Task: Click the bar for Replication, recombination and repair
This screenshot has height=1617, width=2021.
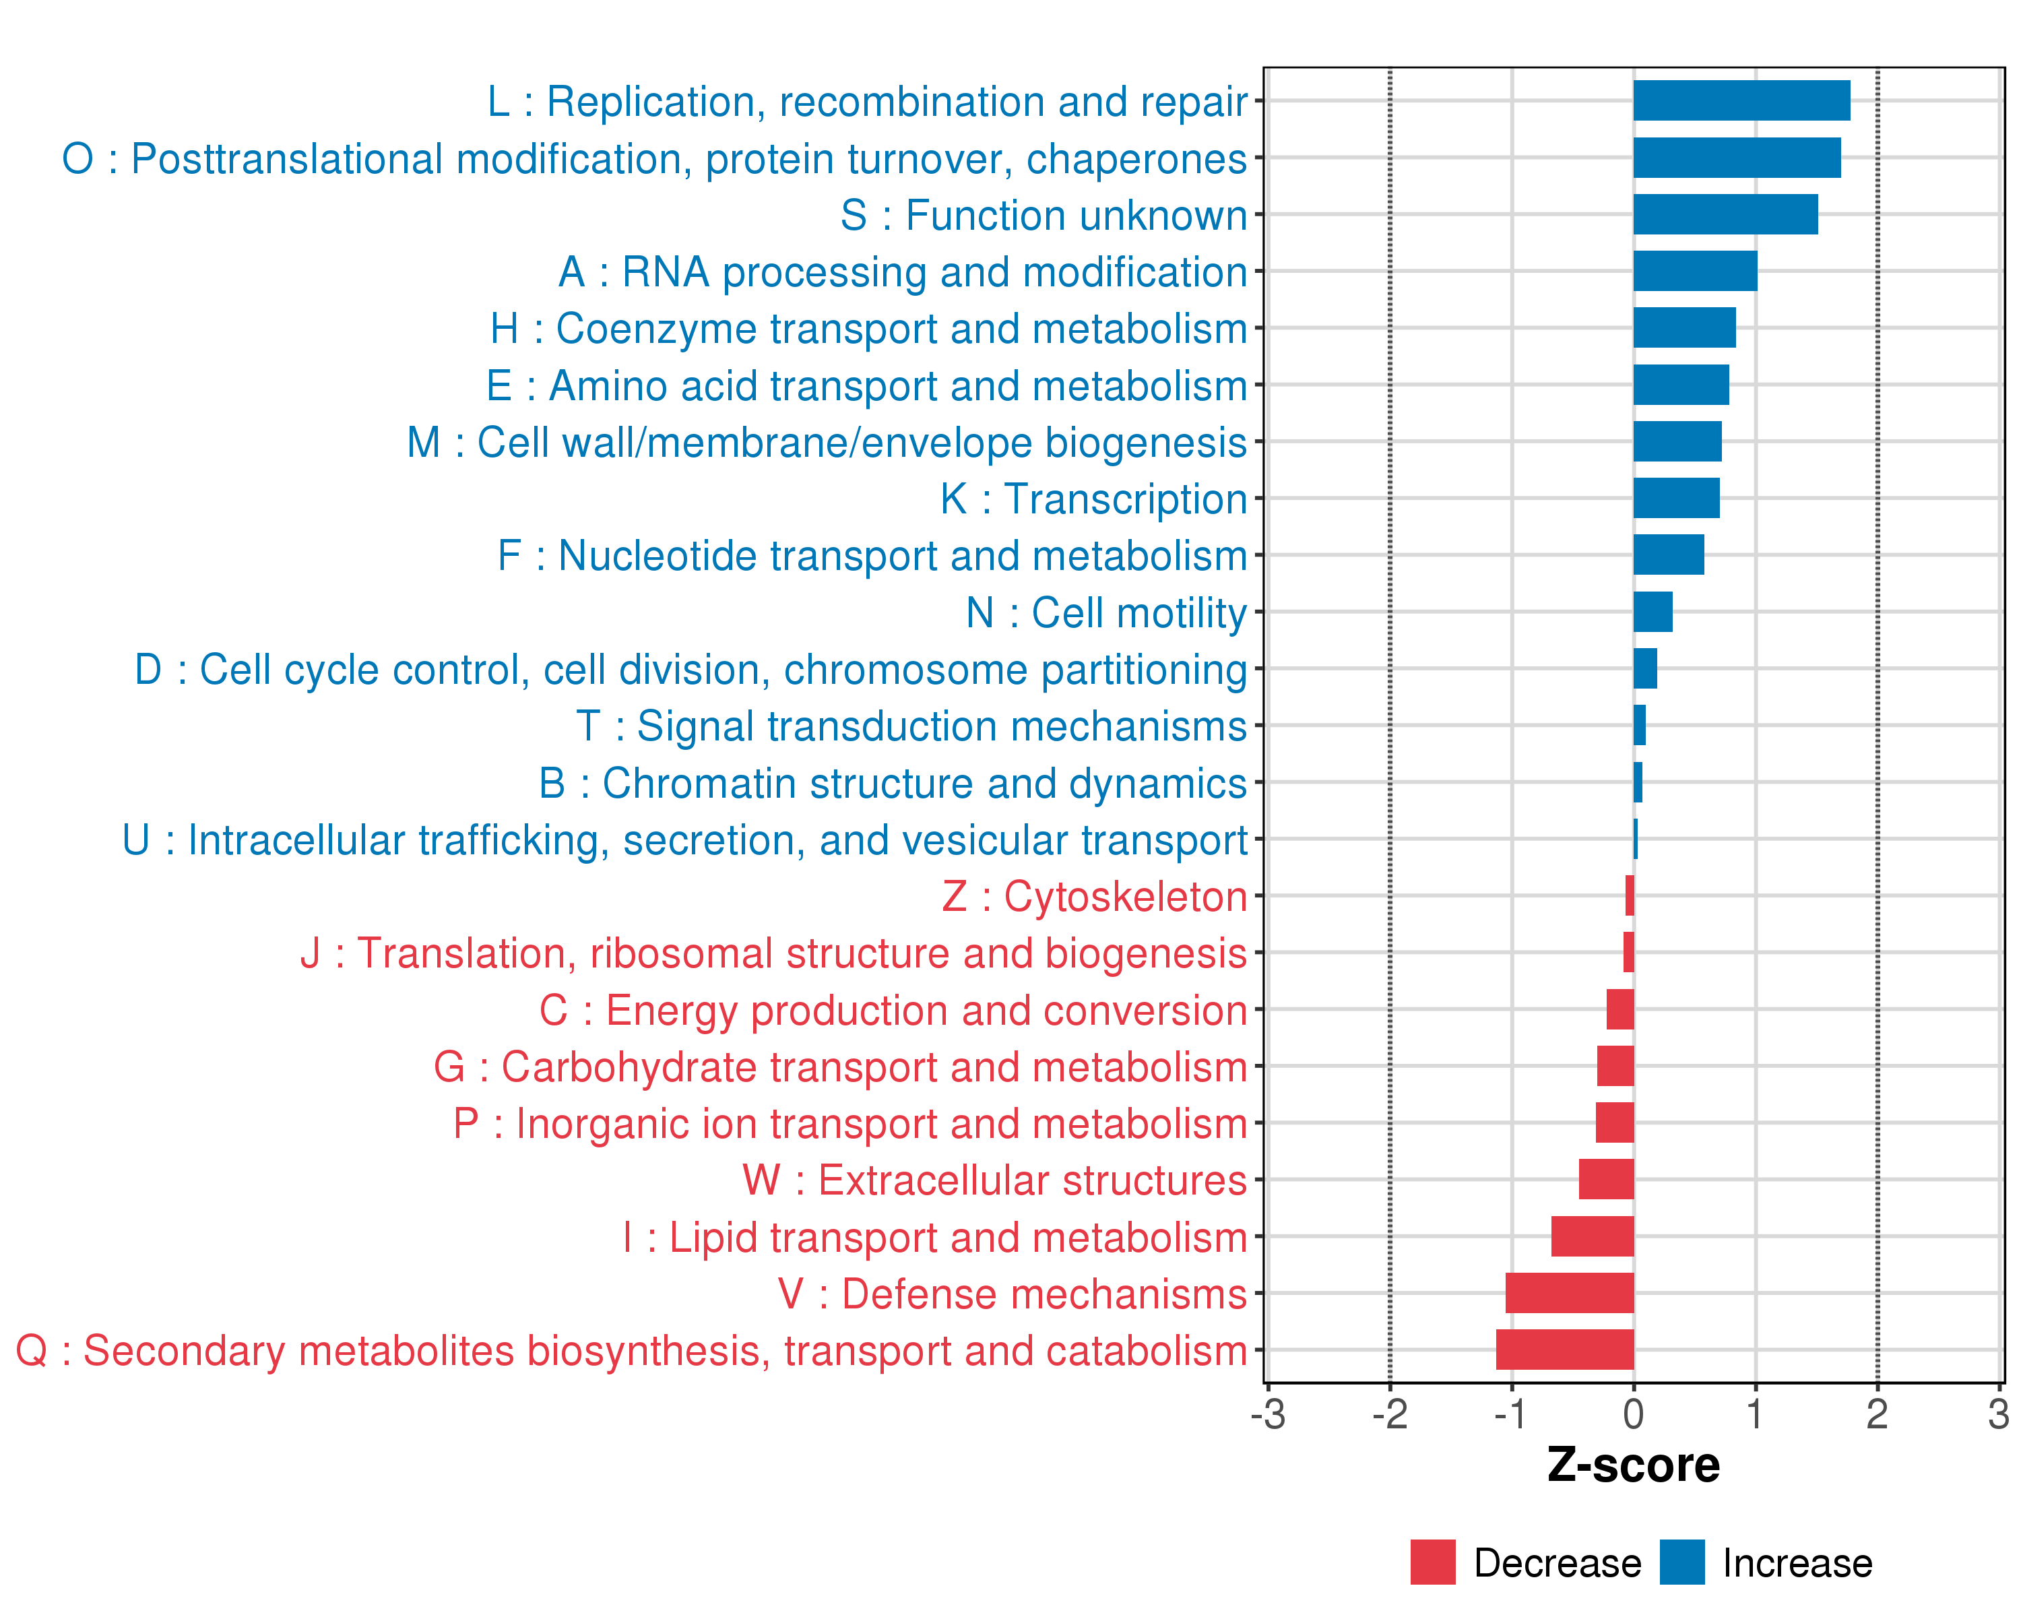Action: click(x=1741, y=100)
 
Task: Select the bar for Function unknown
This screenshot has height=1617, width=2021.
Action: click(x=1725, y=215)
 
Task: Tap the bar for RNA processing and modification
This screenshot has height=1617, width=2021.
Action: click(x=1695, y=271)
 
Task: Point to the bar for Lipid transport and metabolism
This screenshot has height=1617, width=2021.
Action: click(x=1592, y=1236)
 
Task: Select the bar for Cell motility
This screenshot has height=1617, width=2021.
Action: click(x=1653, y=612)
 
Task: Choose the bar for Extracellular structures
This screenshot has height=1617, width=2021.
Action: click(x=1606, y=1179)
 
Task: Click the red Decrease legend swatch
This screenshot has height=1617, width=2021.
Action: click(x=1432, y=1562)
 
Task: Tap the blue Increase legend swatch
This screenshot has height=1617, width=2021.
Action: click(x=1681, y=1562)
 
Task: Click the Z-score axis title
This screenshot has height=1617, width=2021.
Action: click(x=1633, y=1465)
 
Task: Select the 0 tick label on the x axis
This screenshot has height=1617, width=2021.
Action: click(x=1633, y=1414)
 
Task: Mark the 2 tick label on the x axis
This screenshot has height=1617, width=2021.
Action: click(x=1877, y=1414)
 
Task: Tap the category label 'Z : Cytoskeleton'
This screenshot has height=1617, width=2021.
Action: click(x=1094, y=897)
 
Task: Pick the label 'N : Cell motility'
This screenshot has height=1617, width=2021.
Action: click(x=1106, y=613)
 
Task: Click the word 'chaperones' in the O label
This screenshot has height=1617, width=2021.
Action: click(x=1136, y=160)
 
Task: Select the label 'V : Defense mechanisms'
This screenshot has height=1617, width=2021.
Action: click(x=1013, y=1294)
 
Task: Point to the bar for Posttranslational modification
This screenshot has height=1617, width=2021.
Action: click(x=1736, y=158)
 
